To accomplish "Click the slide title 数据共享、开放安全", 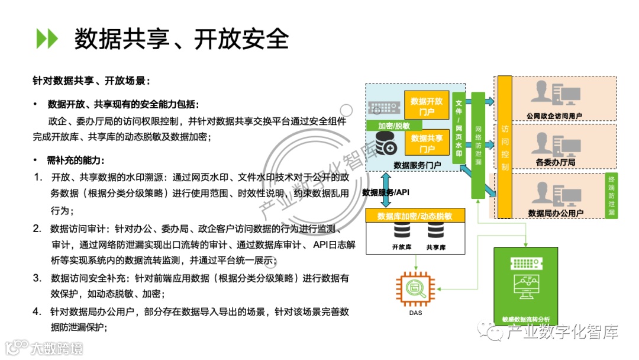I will coord(181,38).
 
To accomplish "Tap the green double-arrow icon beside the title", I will coord(47,38).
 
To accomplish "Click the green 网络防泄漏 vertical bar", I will coord(478,145).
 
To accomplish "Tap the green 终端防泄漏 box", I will coord(612,195).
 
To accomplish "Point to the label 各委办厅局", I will coord(556,162).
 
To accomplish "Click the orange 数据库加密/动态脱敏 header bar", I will coord(415,216).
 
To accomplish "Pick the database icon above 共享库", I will coord(435,232).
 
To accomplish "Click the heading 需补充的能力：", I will coord(78,160).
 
